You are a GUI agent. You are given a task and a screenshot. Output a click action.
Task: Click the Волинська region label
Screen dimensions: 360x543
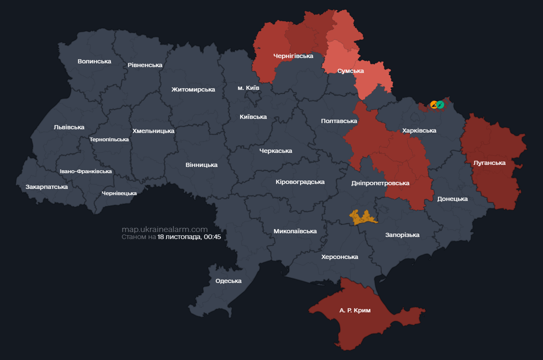click(94, 61)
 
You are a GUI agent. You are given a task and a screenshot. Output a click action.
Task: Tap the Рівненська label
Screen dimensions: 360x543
click(145, 65)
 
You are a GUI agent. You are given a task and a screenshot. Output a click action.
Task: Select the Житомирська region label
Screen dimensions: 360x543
click(193, 90)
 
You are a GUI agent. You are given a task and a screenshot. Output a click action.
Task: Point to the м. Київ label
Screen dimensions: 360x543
click(248, 88)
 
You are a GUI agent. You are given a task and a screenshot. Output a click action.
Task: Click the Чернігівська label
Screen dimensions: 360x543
click(293, 56)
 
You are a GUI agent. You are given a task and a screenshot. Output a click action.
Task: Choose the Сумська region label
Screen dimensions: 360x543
click(350, 71)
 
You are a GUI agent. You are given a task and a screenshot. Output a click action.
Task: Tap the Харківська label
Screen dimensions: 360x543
click(419, 131)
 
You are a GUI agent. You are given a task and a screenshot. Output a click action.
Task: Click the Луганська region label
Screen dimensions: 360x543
click(490, 163)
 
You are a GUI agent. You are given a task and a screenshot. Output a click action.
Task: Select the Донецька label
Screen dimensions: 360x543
click(452, 199)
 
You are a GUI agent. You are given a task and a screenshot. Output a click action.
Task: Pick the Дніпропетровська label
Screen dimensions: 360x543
click(380, 183)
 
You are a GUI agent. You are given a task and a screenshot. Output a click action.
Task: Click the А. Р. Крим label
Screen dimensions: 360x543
click(355, 310)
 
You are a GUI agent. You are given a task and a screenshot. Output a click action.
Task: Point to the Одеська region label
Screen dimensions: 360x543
click(228, 281)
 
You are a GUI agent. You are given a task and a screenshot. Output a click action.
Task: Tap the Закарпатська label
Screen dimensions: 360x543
click(46, 187)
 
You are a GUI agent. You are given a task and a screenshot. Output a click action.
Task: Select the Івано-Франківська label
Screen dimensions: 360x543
click(86, 171)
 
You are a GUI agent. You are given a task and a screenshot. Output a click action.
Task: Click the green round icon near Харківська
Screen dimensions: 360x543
click(440, 105)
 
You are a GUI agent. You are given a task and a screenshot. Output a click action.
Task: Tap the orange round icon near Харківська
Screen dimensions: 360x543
click(434, 105)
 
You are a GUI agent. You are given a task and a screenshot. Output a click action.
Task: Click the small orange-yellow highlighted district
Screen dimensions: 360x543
click(363, 217)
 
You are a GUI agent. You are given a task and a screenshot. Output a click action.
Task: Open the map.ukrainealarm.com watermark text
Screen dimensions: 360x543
click(164, 229)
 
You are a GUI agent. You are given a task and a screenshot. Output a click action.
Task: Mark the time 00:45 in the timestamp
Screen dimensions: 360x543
click(212, 237)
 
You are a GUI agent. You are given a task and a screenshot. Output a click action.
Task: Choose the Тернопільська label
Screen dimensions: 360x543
click(109, 139)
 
